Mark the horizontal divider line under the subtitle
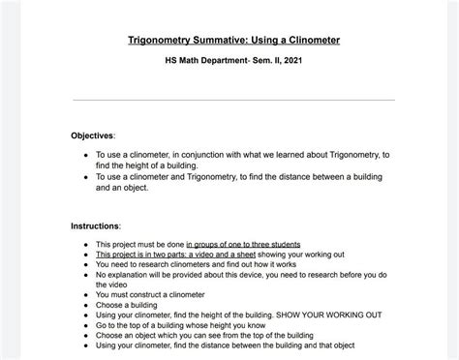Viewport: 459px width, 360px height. pyautogui.click(x=233, y=101)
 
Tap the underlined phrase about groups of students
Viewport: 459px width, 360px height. pyautogui.click(x=243, y=244)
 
